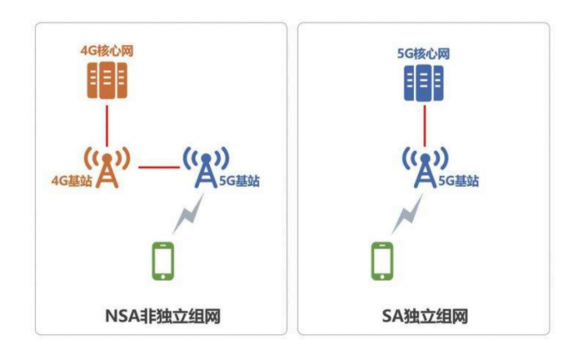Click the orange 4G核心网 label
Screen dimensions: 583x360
(107, 51)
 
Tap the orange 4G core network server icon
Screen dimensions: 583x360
(107, 80)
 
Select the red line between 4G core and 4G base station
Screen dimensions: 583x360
(107, 126)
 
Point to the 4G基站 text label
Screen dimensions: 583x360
(72, 181)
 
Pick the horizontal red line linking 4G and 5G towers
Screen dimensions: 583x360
(159, 167)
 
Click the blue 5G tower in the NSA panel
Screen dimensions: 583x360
(206, 167)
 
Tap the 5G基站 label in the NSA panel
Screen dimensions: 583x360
(239, 181)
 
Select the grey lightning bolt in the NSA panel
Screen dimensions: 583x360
(188, 215)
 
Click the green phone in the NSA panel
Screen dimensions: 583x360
(163, 261)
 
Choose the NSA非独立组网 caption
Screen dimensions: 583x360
(163, 317)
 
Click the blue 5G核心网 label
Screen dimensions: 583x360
(423, 53)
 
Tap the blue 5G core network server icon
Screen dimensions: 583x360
(424, 82)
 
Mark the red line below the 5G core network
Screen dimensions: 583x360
(425, 126)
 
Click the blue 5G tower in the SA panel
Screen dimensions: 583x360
(425, 167)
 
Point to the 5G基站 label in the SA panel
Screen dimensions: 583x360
(458, 181)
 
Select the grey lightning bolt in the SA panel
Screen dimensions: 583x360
(407, 215)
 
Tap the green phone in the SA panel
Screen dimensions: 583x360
(382, 261)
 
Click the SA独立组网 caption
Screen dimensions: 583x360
(425, 317)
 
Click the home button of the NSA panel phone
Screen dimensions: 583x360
(163, 277)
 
